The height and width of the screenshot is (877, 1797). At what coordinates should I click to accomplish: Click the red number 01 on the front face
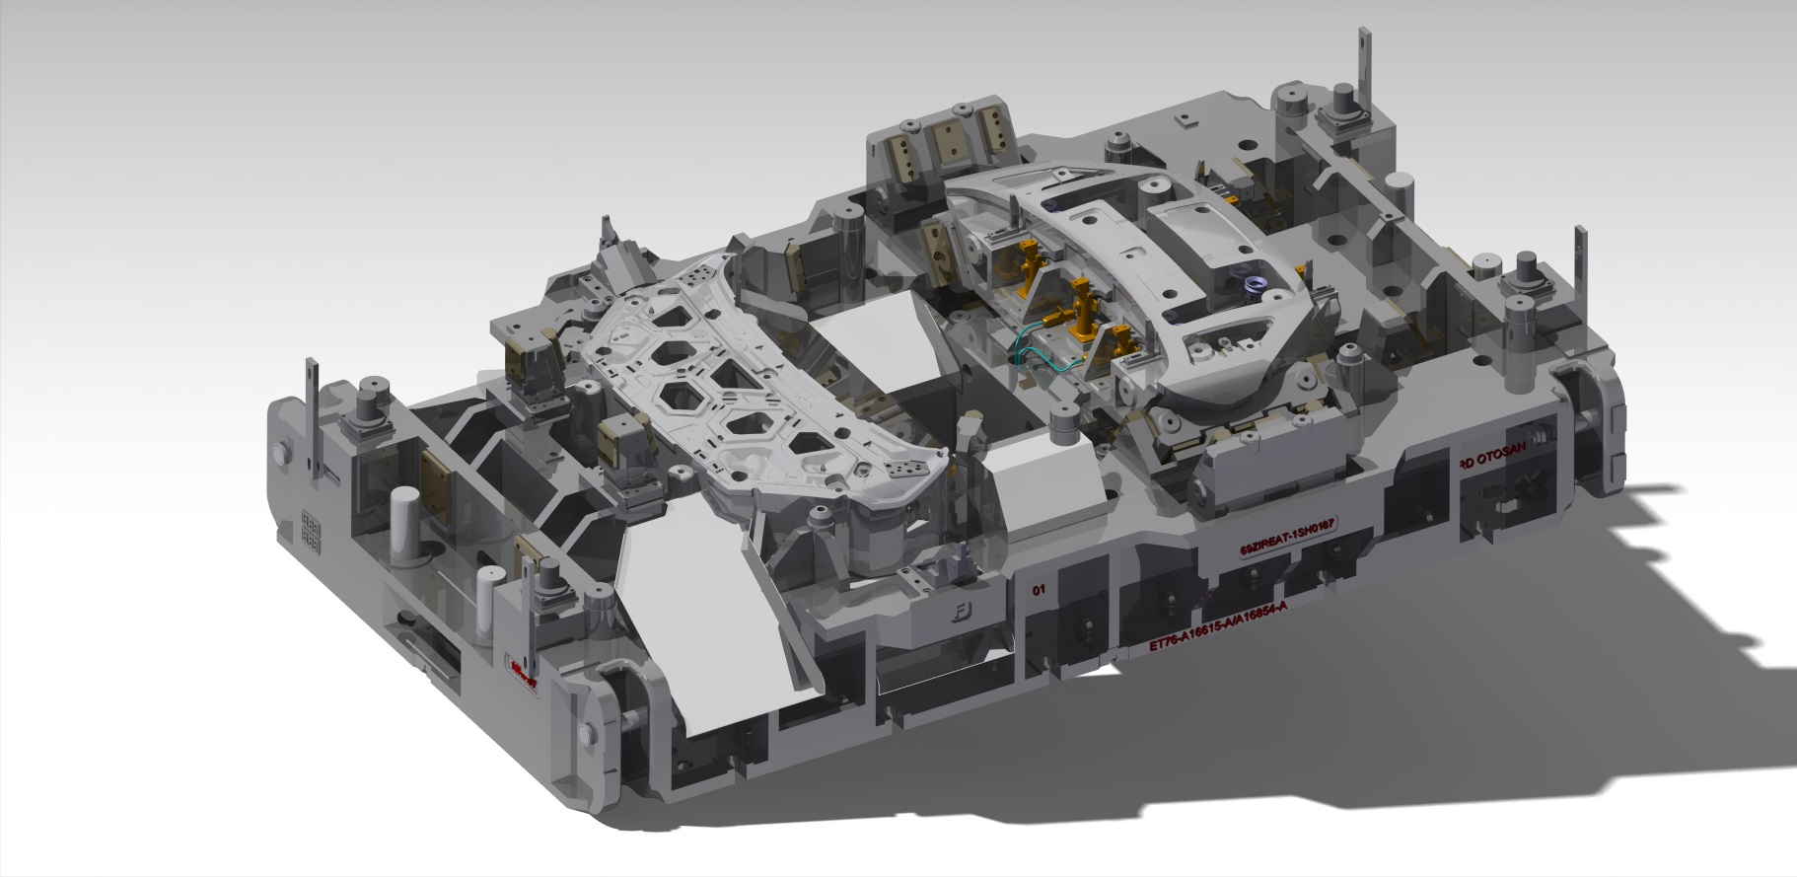click(1038, 591)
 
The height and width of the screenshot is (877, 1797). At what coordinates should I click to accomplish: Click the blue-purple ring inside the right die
click(1252, 286)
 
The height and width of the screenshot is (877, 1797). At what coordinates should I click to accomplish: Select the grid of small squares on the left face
click(309, 530)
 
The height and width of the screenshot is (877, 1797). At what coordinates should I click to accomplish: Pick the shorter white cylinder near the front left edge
click(484, 601)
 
